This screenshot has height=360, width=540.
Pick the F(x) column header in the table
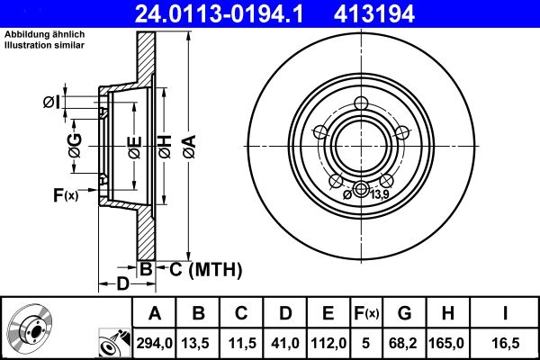click(366, 313)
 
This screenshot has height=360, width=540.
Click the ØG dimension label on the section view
click(76, 144)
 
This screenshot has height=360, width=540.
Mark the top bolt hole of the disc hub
click(362, 102)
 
